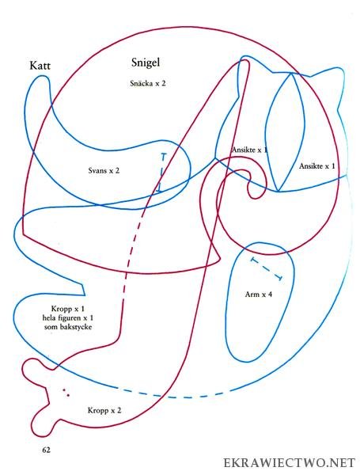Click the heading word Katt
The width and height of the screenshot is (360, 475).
[40, 66]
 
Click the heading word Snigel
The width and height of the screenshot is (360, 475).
[146, 63]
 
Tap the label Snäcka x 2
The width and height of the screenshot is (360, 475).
[148, 83]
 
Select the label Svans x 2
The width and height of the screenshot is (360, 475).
[104, 170]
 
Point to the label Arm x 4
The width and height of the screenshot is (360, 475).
[258, 294]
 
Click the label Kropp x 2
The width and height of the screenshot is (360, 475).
[104, 410]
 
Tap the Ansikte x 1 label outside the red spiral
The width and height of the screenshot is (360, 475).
[317, 166]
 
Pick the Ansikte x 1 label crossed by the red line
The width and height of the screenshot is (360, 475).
[249, 150]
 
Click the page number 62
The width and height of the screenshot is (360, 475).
[47, 450]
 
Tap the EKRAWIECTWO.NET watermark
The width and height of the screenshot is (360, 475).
[289, 463]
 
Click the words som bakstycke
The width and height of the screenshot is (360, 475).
[68, 327]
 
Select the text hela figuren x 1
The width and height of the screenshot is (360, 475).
[68, 318]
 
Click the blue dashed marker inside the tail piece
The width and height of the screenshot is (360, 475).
[161, 173]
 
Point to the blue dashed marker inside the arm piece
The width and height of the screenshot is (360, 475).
[267, 268]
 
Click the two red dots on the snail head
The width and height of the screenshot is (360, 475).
[66, 393]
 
